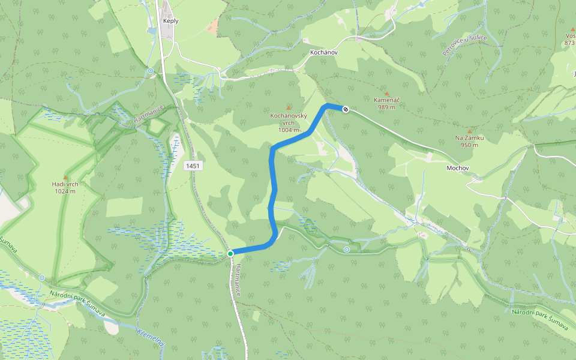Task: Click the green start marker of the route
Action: point(230,254)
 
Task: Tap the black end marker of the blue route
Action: point(346,109)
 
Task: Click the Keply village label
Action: point(171,20)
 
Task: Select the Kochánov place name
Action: point(324,53)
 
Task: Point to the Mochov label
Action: point(457,168)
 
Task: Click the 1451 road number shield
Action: point(193,166)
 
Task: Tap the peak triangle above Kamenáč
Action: point(387,94)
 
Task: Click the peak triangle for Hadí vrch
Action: point(65,177)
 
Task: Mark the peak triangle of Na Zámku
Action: point(469,131)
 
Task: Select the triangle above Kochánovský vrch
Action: point(289,107)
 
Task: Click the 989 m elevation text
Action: point(387,107)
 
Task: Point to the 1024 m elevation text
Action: point(65,191)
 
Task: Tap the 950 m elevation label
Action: point(469,145)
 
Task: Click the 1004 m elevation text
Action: point(289,130)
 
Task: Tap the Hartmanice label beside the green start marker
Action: point(238,279)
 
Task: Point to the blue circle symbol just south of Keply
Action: point(151,71)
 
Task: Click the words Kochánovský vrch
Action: point(289,118)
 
